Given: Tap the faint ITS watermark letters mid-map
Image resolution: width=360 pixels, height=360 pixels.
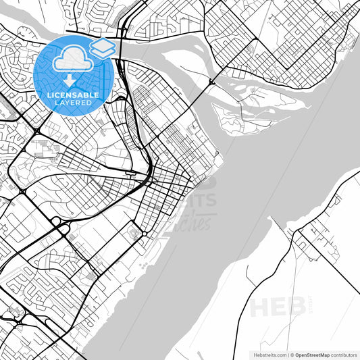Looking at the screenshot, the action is pos(200,201).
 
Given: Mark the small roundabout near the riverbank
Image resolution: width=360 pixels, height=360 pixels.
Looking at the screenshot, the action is pos(144,234).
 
